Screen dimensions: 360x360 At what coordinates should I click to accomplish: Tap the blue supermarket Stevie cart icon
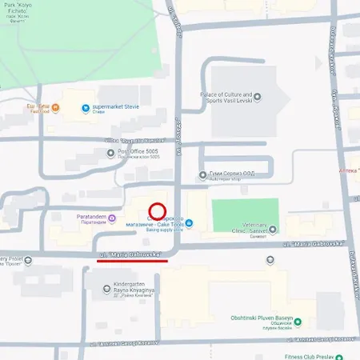84,107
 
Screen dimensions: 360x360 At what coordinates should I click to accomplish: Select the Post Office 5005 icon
110,152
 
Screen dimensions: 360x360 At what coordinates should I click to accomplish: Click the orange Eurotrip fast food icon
54,106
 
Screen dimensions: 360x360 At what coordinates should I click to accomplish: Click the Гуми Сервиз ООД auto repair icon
202,174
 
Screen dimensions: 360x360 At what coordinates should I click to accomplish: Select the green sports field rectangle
245,216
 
